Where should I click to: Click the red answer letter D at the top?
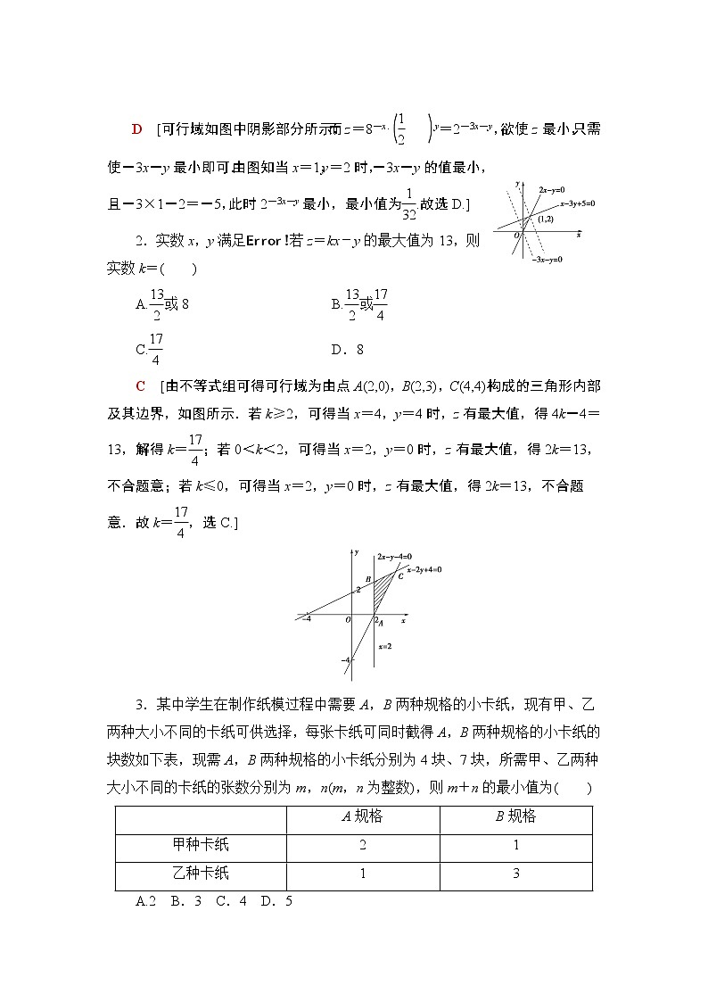(136, 129)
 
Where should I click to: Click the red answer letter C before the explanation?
(139, 386)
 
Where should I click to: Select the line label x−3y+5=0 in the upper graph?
(577, 203)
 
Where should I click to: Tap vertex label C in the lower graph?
(401, 576)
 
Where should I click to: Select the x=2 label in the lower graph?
(385, 645)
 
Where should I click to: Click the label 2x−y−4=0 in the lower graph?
(393, 555)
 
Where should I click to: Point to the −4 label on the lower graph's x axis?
(307, 618)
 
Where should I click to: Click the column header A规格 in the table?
(362, 816)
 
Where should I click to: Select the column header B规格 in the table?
(515, 816)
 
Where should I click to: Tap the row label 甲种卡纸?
(201, 844)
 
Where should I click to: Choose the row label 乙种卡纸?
(201, 873)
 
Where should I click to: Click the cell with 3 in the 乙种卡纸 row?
(515, 874)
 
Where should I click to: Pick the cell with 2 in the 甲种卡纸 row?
(362, 845)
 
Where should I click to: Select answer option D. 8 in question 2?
(347, 350)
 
